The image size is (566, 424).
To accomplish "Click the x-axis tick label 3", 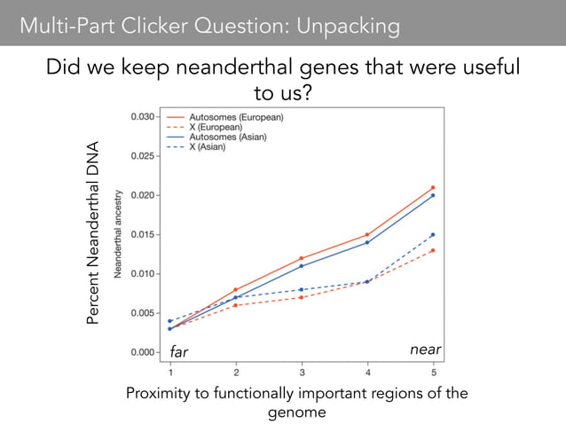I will [302, 373].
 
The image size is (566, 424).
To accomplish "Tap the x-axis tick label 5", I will [433, 373].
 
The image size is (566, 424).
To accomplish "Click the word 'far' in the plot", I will [179, 352].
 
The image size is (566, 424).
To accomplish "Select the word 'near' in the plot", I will [426, 350].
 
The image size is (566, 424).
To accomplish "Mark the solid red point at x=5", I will [433, 187].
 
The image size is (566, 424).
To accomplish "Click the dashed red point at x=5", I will [433, 250].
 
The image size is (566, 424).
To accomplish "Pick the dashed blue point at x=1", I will [170, 321].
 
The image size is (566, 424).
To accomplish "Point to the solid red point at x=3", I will [302, 258].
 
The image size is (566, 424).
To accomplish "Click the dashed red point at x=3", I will [302, 297].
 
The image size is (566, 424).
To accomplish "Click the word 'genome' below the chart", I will [298, 412].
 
